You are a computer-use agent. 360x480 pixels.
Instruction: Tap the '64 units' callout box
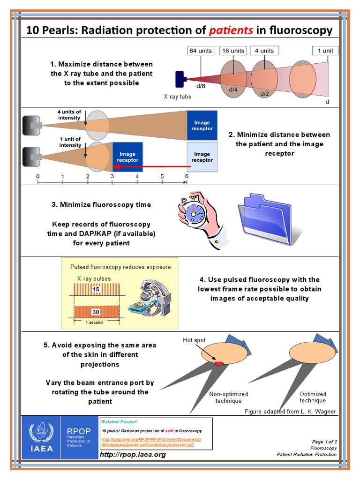[x=201, y=51]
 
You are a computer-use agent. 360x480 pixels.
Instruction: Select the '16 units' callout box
[x=233, y=51]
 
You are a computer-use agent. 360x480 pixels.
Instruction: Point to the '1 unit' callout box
[x=325, y=51]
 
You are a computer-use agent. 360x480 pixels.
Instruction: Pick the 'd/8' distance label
[x=201, y=85]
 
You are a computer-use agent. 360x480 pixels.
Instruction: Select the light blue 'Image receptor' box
[x=202, y=157]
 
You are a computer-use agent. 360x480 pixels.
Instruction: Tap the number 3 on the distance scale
[x=112, y=176]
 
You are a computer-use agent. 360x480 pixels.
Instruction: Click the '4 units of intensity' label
[x=69, y=115]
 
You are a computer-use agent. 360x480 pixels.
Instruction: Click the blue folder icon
[x=265, y=218]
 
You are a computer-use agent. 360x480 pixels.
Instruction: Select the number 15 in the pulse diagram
[x=96, y=289]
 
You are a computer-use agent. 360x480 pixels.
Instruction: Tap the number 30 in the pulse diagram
[x=96, y=311]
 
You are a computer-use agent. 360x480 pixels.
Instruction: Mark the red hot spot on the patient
[x=219, y=363]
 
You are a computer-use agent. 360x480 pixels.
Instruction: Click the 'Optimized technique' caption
[x=313, y=397]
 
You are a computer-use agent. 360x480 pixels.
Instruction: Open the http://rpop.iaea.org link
[x=133, y=454]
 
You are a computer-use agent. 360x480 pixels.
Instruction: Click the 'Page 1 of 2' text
[x=324, y=442]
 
